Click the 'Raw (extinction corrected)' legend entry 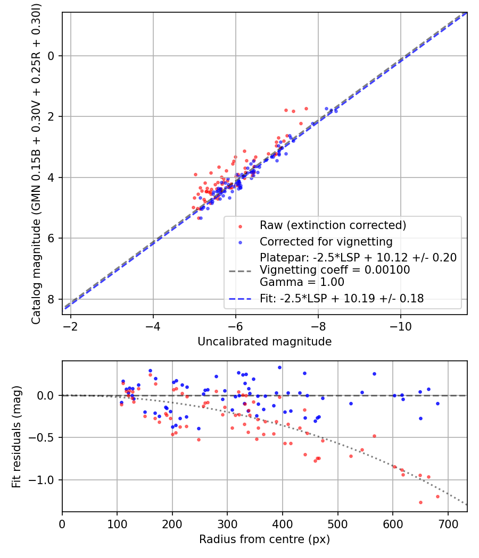[x=333, y=225]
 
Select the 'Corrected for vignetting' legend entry [x=326, y=242]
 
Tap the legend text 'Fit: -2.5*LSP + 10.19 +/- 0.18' [x=342, y=299]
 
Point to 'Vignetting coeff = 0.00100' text [x=335, y=270]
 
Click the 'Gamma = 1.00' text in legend [x=302, y=282]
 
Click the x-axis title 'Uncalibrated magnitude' [x=265, y=342]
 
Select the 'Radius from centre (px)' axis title [x=265, y=539]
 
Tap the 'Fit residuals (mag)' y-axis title [x=16, y=437]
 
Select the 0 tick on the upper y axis [x=52, y=56]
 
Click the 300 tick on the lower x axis [x=227, y=523]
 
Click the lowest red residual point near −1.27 [x=420, y=502]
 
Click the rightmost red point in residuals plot [x=438, y=496]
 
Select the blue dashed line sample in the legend [x=240, y=299]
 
